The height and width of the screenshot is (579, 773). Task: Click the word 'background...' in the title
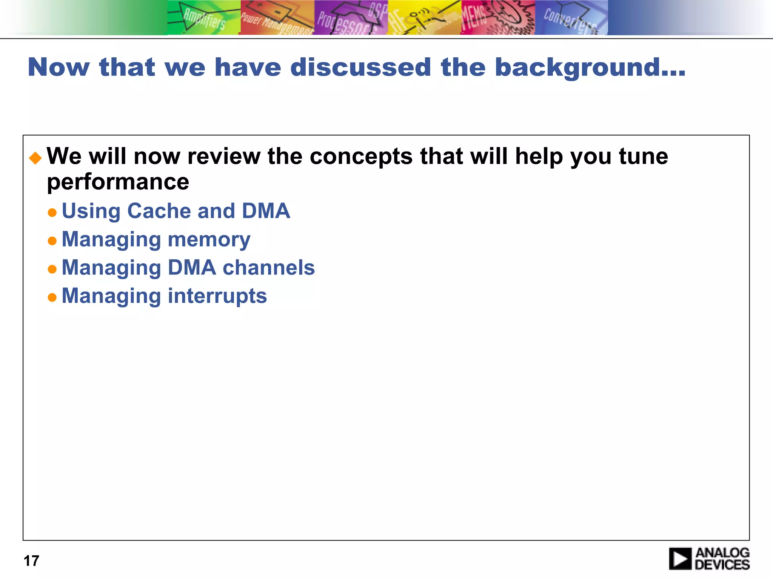[590, 68]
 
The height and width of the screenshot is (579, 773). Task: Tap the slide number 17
[31, 561]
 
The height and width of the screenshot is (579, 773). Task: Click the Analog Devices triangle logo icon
[680, 559]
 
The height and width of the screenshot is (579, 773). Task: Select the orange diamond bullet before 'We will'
[35, 158]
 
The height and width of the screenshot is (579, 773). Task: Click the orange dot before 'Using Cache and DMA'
[52, 213]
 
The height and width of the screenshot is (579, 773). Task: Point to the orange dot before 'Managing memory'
[52, 241]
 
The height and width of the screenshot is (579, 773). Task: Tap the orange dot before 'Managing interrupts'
[52, 297]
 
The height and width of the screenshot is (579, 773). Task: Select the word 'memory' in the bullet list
[209, 240]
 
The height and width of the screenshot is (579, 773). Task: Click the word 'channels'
[268, 268]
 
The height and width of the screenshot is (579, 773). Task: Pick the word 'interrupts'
[217, 296]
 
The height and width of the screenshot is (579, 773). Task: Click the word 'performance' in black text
[118, 182]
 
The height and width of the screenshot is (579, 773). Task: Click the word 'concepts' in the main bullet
[361, 157]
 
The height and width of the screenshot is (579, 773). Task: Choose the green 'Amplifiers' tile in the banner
[203, 18]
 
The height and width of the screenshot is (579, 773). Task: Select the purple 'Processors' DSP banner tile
[351, 18]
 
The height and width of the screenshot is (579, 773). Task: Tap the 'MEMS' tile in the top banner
[497, 18]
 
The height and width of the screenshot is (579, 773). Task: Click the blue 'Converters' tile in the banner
[571, 18]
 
